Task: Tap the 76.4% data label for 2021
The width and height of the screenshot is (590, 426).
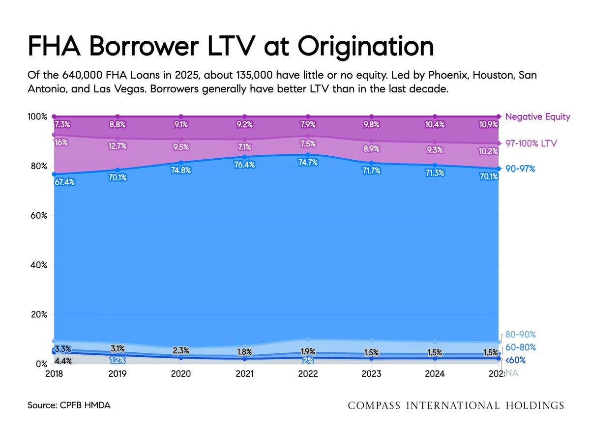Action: pyautogui.click(x=244, y=165)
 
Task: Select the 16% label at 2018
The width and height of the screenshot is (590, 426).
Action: pyautogui.click(x=61, y=143)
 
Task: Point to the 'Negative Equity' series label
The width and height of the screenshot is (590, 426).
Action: pyautogui.click(x=538, y=117)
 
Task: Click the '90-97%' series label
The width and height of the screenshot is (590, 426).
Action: pyautogui.click(x=520, y=169)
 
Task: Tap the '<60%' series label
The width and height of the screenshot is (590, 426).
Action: pyautogui.click(x=515, y=360)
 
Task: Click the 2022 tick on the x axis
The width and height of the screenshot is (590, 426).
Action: pyautogui.click(x=308, y=374)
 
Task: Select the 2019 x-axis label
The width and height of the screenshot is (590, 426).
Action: pyautogui.click(x=118, y=374)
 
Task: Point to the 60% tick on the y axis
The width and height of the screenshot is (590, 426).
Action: pyautogui.click(x=38, y=216)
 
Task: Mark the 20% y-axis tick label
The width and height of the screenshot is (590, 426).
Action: pyautogui.click(x=38, y=314)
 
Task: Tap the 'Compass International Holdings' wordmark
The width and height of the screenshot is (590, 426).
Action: pyautogui.click(x=456, y=406)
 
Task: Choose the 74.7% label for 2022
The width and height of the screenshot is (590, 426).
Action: pyautogui.click(x=308, y=163)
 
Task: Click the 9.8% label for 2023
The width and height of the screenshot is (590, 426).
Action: pyautogui.click(x=371, y=125)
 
